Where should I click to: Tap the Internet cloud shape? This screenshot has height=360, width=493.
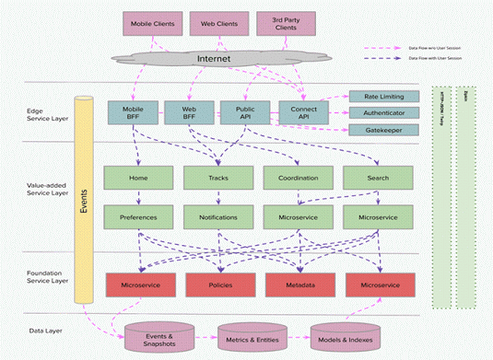click(212, 60)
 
